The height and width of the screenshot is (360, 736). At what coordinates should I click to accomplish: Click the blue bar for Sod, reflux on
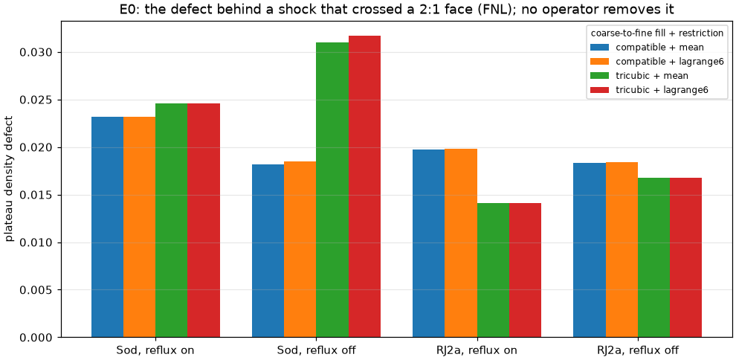pyautogui.click(x=108, y=227)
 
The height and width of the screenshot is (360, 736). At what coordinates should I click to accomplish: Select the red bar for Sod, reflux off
pyautogui.click(x=364, y=187)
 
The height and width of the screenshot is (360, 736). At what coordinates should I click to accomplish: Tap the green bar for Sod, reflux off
pyautogui.click(x=332, y=190)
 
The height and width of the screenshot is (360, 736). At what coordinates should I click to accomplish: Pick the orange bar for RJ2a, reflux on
pyautogui.click(x=461, y=243)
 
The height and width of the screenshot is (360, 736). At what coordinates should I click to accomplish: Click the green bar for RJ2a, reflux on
pyautogui.click(x=493, y=270)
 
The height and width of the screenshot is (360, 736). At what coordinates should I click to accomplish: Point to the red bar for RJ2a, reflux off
pyautogui.click(x=685, y=257)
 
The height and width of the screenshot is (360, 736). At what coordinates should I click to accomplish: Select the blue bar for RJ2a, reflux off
pyautogui.click(x=590, y=250)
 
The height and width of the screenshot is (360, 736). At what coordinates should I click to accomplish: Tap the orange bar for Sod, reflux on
pyautogui.click(x=140, y=227)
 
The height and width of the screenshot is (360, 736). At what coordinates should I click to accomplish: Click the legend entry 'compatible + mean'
pyautogui.click(x=648, y=47)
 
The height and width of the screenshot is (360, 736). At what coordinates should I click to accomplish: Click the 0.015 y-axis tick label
pyautogui.click(x=35, y=196)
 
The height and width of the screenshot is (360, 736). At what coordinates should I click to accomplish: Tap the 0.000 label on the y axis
pyautogui.click(x=35, y=338)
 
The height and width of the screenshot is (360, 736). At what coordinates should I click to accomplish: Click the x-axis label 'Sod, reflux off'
pyautogui.click(x=316, y=350)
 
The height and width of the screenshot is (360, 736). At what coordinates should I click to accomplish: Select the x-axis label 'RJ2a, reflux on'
pyautogui.click(x=477, y=350)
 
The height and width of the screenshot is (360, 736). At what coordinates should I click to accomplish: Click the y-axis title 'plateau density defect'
pyautogui.click(x=10, y=178)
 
